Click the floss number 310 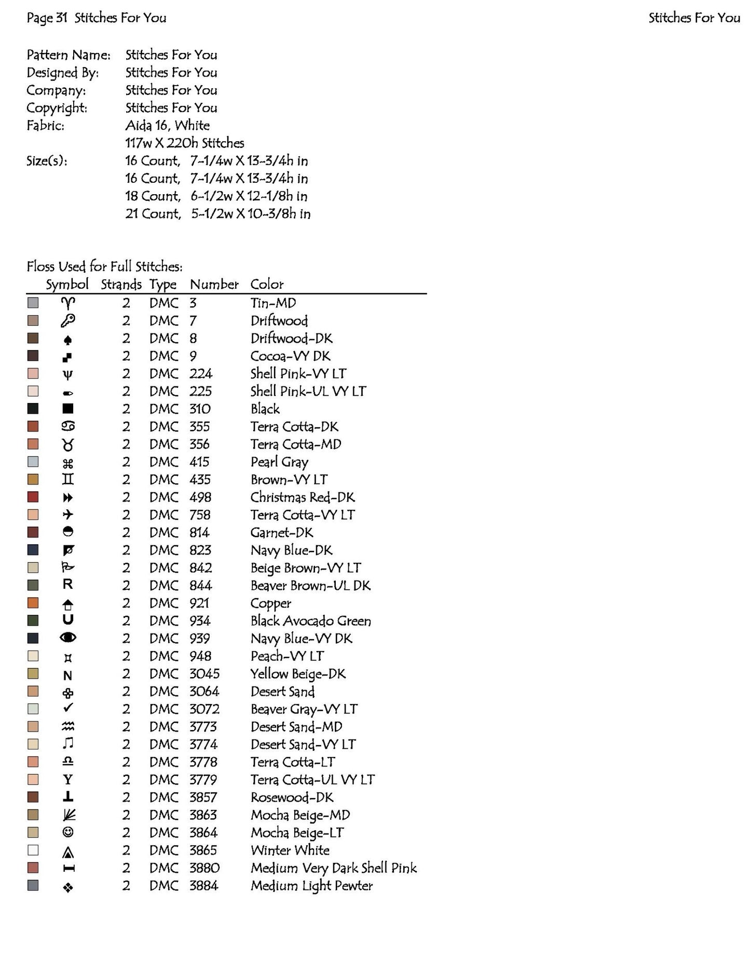[200, 409]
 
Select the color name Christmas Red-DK [303, 497]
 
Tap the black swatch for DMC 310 [33, 409]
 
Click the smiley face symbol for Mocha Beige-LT [68, 832]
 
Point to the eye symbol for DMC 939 [68, 638]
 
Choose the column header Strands [121, 285]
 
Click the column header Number [214, 285]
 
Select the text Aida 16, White [168, 126]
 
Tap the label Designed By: [63, 73]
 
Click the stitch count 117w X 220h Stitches [185, 143]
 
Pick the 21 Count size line [218, 214]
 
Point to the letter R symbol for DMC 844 [68, 585]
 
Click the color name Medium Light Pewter [311, 886]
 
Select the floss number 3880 [204, 868]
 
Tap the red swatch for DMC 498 [33, 497]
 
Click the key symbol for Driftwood [68, 321]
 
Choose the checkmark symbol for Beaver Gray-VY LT [68, 708]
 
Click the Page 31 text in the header [47, 18]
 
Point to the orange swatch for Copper [33, 603]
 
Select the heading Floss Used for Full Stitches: [104, 267]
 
